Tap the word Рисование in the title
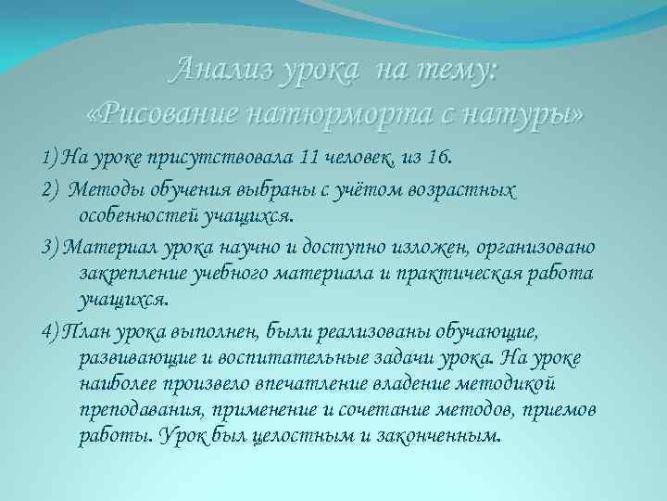pos(173,113)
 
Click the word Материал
pos(94,249)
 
